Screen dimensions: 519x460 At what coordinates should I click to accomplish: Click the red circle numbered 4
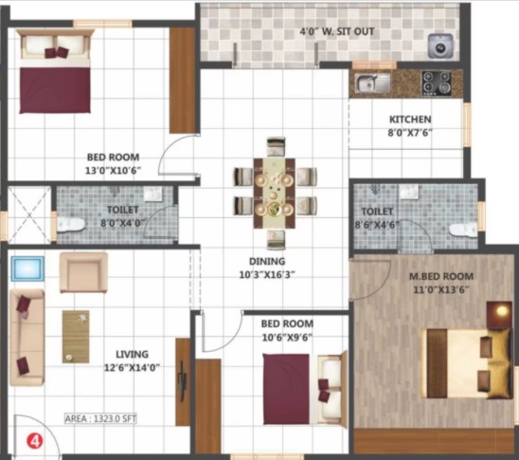click(x=34, y=441)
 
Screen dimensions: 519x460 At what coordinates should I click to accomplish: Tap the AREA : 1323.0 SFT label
click(x=100, y=418)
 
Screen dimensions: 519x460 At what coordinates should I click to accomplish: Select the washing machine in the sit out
click(x=440, y=46)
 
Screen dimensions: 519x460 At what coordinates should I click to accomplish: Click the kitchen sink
click(x=373, y=83)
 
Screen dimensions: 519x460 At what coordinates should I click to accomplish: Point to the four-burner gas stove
click(x=437, y=83)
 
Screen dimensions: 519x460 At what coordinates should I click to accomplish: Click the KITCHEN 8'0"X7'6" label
click(x=410, y=126)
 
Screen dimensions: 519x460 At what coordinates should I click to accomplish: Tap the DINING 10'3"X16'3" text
click(x=267, y=267)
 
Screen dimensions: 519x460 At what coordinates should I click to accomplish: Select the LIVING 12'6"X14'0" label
click(x=132, y=360)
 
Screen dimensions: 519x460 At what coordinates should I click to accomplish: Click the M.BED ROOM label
click(x=441, y=276)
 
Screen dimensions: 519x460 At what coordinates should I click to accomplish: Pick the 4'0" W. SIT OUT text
click(x=337, y=31)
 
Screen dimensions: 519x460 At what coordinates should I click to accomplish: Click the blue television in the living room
click(x=28, y=268)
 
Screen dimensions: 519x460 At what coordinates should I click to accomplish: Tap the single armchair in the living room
click(x=83, y=272)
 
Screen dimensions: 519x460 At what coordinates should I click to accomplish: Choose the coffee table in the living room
click(x=76, y=337)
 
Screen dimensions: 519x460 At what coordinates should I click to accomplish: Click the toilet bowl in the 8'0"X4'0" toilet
click(x=70, y=225)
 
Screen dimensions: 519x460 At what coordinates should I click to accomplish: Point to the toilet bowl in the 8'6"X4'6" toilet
click(x=463, y=230)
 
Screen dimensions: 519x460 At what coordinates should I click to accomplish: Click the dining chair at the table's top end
click(x=276, y=146)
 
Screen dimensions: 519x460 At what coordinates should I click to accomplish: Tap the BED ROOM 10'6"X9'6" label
click(x=287, y=330)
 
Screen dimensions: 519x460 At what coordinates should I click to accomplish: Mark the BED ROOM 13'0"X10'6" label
click(x=114, y=164)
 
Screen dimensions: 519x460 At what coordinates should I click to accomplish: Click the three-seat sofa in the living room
click(x=27, y=338)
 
